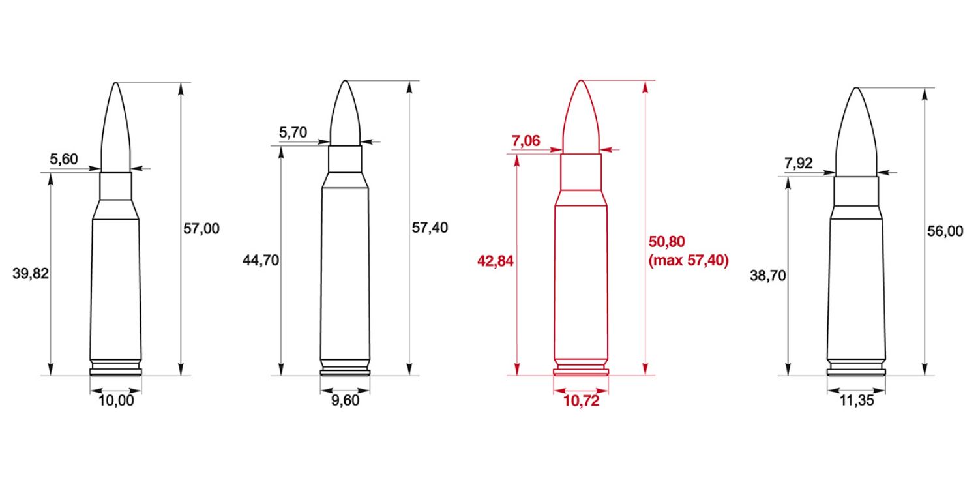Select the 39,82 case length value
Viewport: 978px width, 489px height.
tap(31, 273)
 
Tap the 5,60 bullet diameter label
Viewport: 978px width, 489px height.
tap(64, 158)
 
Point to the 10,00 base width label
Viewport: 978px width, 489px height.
tap(115, 401)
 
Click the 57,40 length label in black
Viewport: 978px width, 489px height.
tap(430, 228)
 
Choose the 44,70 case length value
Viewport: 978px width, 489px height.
tap(260, 261)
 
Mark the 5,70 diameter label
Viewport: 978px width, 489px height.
tap(293, 132)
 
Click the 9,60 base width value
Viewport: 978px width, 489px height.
tap(345, 401)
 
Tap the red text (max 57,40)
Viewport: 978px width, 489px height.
tap(689, 261)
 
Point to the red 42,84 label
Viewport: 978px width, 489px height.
tap(496, 261)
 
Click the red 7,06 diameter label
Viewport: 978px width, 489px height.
tap(527, 141)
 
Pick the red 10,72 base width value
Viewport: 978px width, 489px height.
tap(580, 401)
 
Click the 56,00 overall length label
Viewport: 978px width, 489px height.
tap(944, 231)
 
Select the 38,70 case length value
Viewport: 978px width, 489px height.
tap(768, 276)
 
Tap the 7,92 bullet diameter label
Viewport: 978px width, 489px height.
tap(799, 163)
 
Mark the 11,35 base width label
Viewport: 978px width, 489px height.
tap(856, 401)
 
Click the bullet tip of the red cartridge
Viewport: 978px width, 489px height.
tap(581, 82)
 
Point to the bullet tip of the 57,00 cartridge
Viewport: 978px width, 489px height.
tap(115, 84)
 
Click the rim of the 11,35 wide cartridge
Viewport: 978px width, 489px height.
tap(856, 374)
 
